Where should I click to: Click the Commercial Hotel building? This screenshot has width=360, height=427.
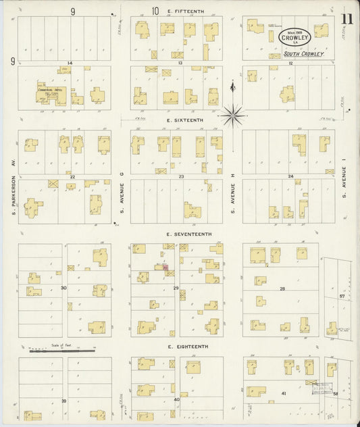[51, 95]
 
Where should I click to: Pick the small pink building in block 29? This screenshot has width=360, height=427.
[164, 268]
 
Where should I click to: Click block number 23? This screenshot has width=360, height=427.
[181, 177]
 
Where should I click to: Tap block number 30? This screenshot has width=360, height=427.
[63, 288]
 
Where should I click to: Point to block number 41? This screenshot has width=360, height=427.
[284, 393]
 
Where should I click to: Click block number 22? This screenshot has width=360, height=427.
[71, 177]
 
